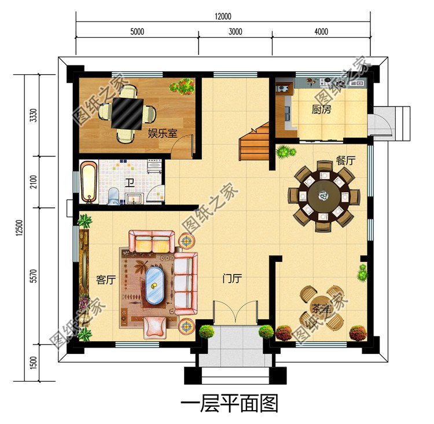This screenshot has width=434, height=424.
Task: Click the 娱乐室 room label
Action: coord(163,134)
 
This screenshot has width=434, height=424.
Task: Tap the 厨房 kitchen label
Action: coord(321,109)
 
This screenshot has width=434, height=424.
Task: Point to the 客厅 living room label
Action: coord(106,280)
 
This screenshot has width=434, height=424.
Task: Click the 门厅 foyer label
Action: coord(232,279)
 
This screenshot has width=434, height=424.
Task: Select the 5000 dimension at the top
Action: coord(137,32)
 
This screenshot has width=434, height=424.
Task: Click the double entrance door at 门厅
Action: coord(234,313)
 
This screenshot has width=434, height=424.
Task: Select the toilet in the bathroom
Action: coord(114,195)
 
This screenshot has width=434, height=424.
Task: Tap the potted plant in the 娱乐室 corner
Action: coord(182,87)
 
